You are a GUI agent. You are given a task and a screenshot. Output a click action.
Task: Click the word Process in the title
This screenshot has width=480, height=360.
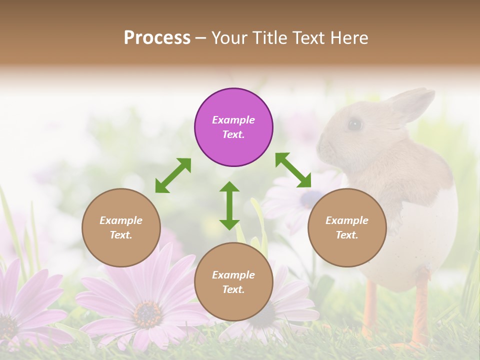coord(157,38)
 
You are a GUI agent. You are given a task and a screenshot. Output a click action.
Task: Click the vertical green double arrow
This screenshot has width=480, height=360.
coord(229,205)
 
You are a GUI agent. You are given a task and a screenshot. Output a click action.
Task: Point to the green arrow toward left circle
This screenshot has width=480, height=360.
coord(173,175)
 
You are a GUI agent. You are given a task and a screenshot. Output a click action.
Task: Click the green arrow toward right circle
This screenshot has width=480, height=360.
coord(293,170)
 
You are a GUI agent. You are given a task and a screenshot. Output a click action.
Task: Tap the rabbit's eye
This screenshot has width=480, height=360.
coord(354,124)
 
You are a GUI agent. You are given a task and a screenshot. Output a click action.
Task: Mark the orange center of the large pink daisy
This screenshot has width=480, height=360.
coord(147,313)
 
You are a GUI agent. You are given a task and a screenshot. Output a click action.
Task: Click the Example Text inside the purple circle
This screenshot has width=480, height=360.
coord(233,127)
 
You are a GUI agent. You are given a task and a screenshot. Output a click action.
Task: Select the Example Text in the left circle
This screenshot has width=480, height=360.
coord(121,227)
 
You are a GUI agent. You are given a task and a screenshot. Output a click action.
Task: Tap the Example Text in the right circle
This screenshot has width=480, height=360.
coord(347,227)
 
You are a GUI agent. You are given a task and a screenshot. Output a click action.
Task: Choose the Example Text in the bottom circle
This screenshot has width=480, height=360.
coord(233,282)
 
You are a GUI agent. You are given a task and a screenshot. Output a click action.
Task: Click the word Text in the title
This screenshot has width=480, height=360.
coord(310,38)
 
